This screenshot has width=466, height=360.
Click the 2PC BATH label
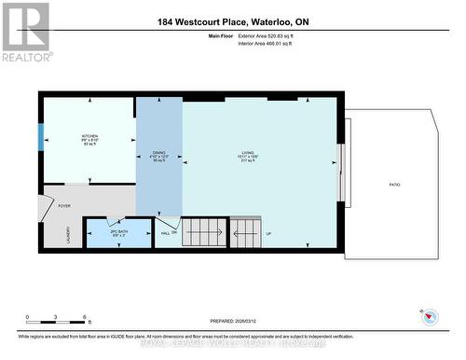coord(117,231)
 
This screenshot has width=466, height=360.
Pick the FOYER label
coord(64,206)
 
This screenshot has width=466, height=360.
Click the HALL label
coord(165,233)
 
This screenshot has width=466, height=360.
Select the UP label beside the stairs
coord(269,234)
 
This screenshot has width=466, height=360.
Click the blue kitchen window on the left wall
coord(40,137)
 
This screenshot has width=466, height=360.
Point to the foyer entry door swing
coord(48,207)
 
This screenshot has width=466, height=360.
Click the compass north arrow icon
coord(430,317)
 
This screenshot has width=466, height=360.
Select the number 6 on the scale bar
coord(85,317)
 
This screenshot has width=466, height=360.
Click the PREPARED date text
coord(227,320)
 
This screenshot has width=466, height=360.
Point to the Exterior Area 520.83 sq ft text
coord(271,35)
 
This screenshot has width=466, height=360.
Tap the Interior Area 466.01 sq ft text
coord(271,44)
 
